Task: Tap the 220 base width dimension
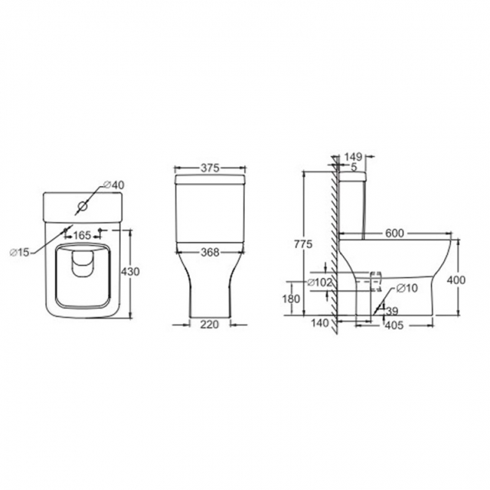(x=211, y=326)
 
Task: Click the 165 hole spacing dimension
(x=81, y=237)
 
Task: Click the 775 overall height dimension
(x=301, y=243)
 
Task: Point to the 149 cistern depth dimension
(x=354, y=157)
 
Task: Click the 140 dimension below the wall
(x=321, y=323)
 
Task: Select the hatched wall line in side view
(x=331, y=241)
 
